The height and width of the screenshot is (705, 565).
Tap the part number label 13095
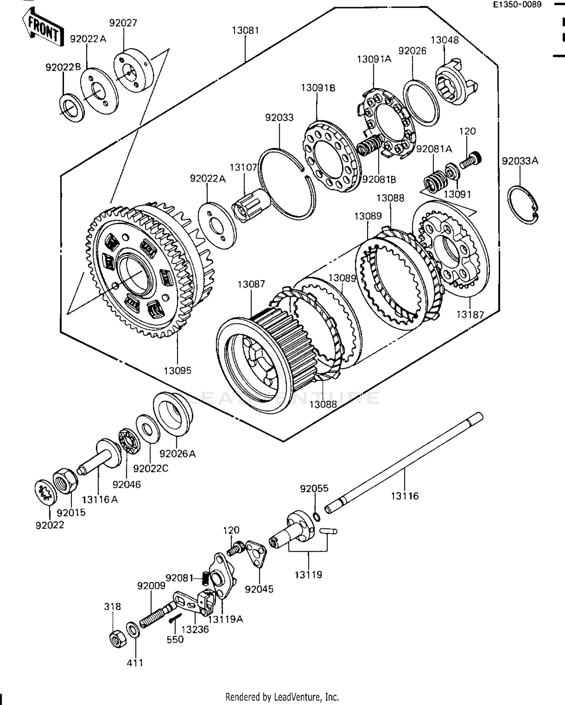[x=177, y=370]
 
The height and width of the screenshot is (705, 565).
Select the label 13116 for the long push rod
[x=405, y=496]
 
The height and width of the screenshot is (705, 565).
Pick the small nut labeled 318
[x=117, y=638]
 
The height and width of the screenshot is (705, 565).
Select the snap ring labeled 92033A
[x=523, y=205]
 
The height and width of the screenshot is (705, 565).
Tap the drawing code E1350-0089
[x=518, y=5]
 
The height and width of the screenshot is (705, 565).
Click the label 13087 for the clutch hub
[x=251, y=284]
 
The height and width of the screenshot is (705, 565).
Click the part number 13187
[x=470, y=314]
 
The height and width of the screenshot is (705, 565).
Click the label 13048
[x=444, y=40]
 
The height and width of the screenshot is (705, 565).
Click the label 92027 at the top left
[x=123, y=23]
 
